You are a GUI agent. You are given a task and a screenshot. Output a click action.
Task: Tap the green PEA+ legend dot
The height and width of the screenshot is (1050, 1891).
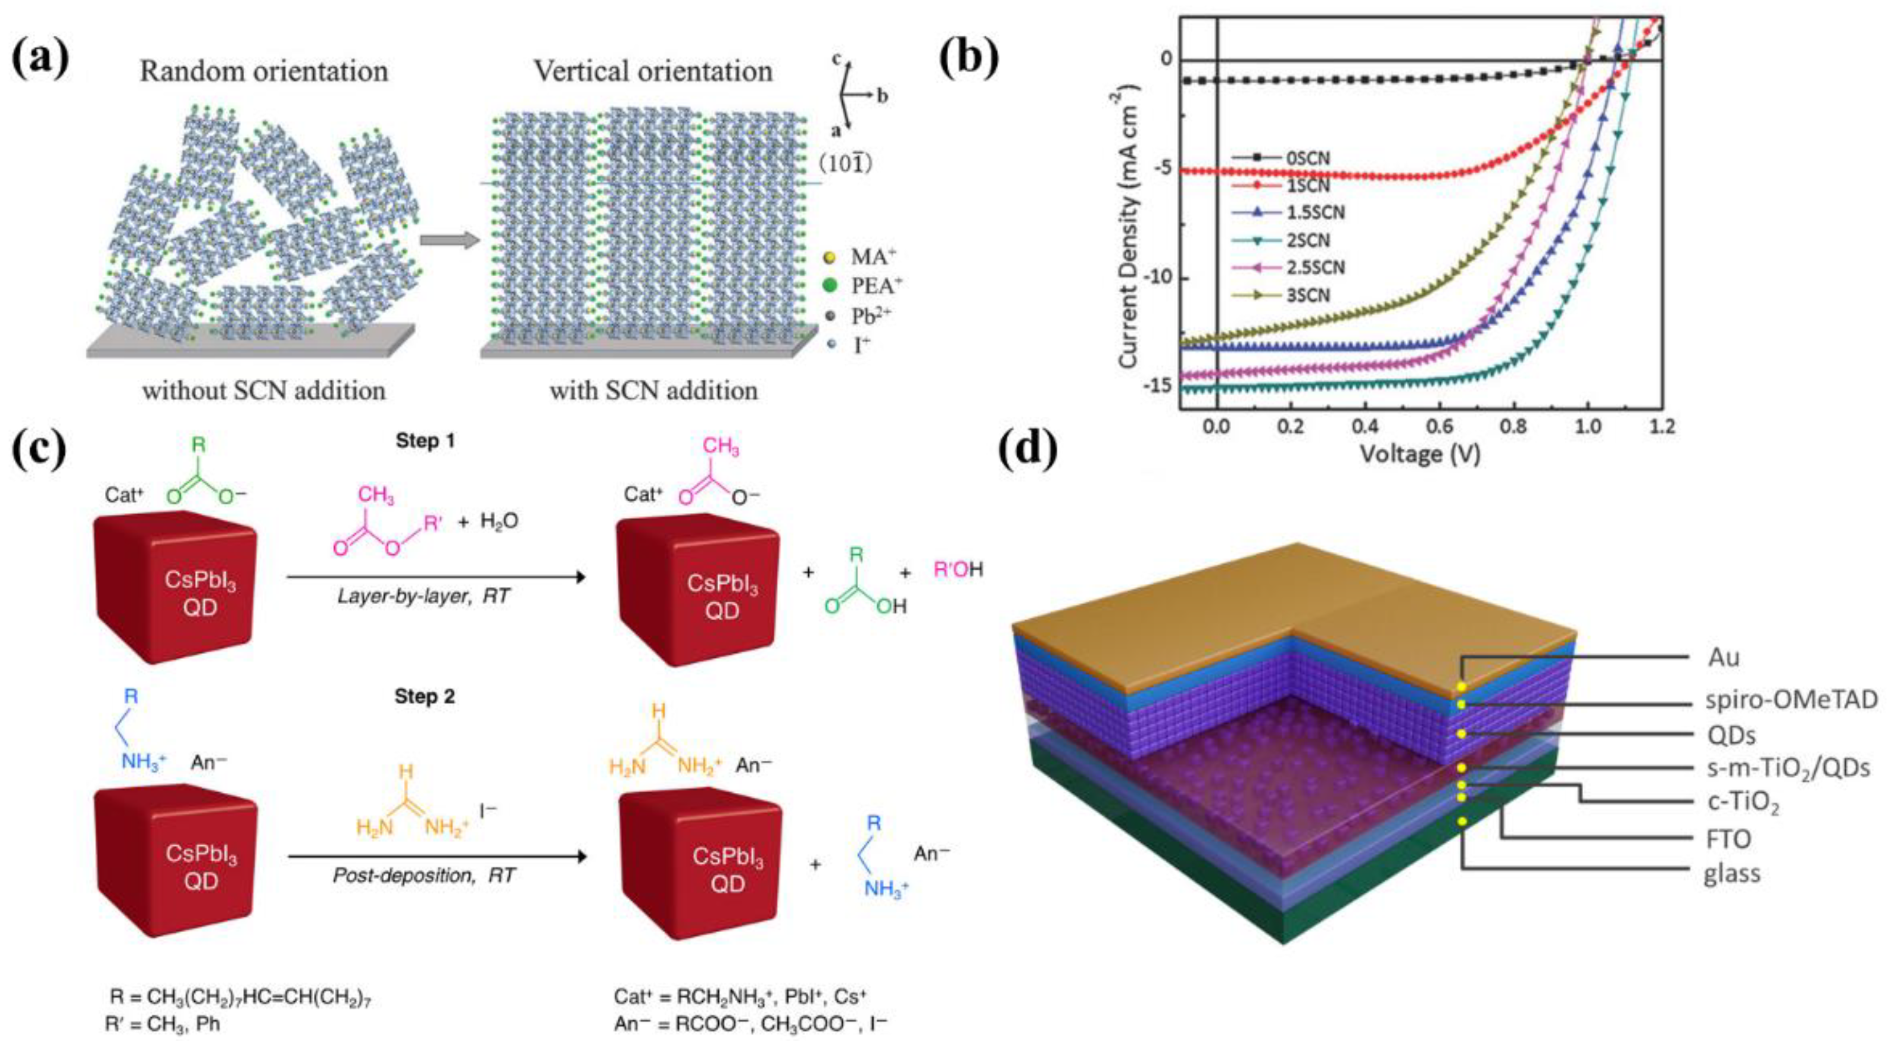click(830, 286)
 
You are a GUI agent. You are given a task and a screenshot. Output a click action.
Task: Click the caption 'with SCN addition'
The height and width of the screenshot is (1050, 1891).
click(653, 390)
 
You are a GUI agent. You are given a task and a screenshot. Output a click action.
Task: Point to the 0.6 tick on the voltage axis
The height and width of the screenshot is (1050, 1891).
click(1439, 426)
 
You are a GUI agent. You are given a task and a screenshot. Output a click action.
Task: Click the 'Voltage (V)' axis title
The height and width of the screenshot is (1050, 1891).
click(1420, 454)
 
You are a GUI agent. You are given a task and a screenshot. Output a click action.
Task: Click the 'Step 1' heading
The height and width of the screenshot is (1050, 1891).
click(425, 440)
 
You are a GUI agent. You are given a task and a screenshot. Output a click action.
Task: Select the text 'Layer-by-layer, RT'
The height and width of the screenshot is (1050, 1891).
click(423, 595)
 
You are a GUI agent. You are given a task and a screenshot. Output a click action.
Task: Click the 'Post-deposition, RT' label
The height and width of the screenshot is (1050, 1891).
click(423, 876)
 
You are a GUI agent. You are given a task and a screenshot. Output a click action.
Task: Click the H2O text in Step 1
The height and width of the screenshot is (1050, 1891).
click(499, 521)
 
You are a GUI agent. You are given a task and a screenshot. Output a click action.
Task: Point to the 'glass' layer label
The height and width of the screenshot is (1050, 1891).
click(1732, 873)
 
